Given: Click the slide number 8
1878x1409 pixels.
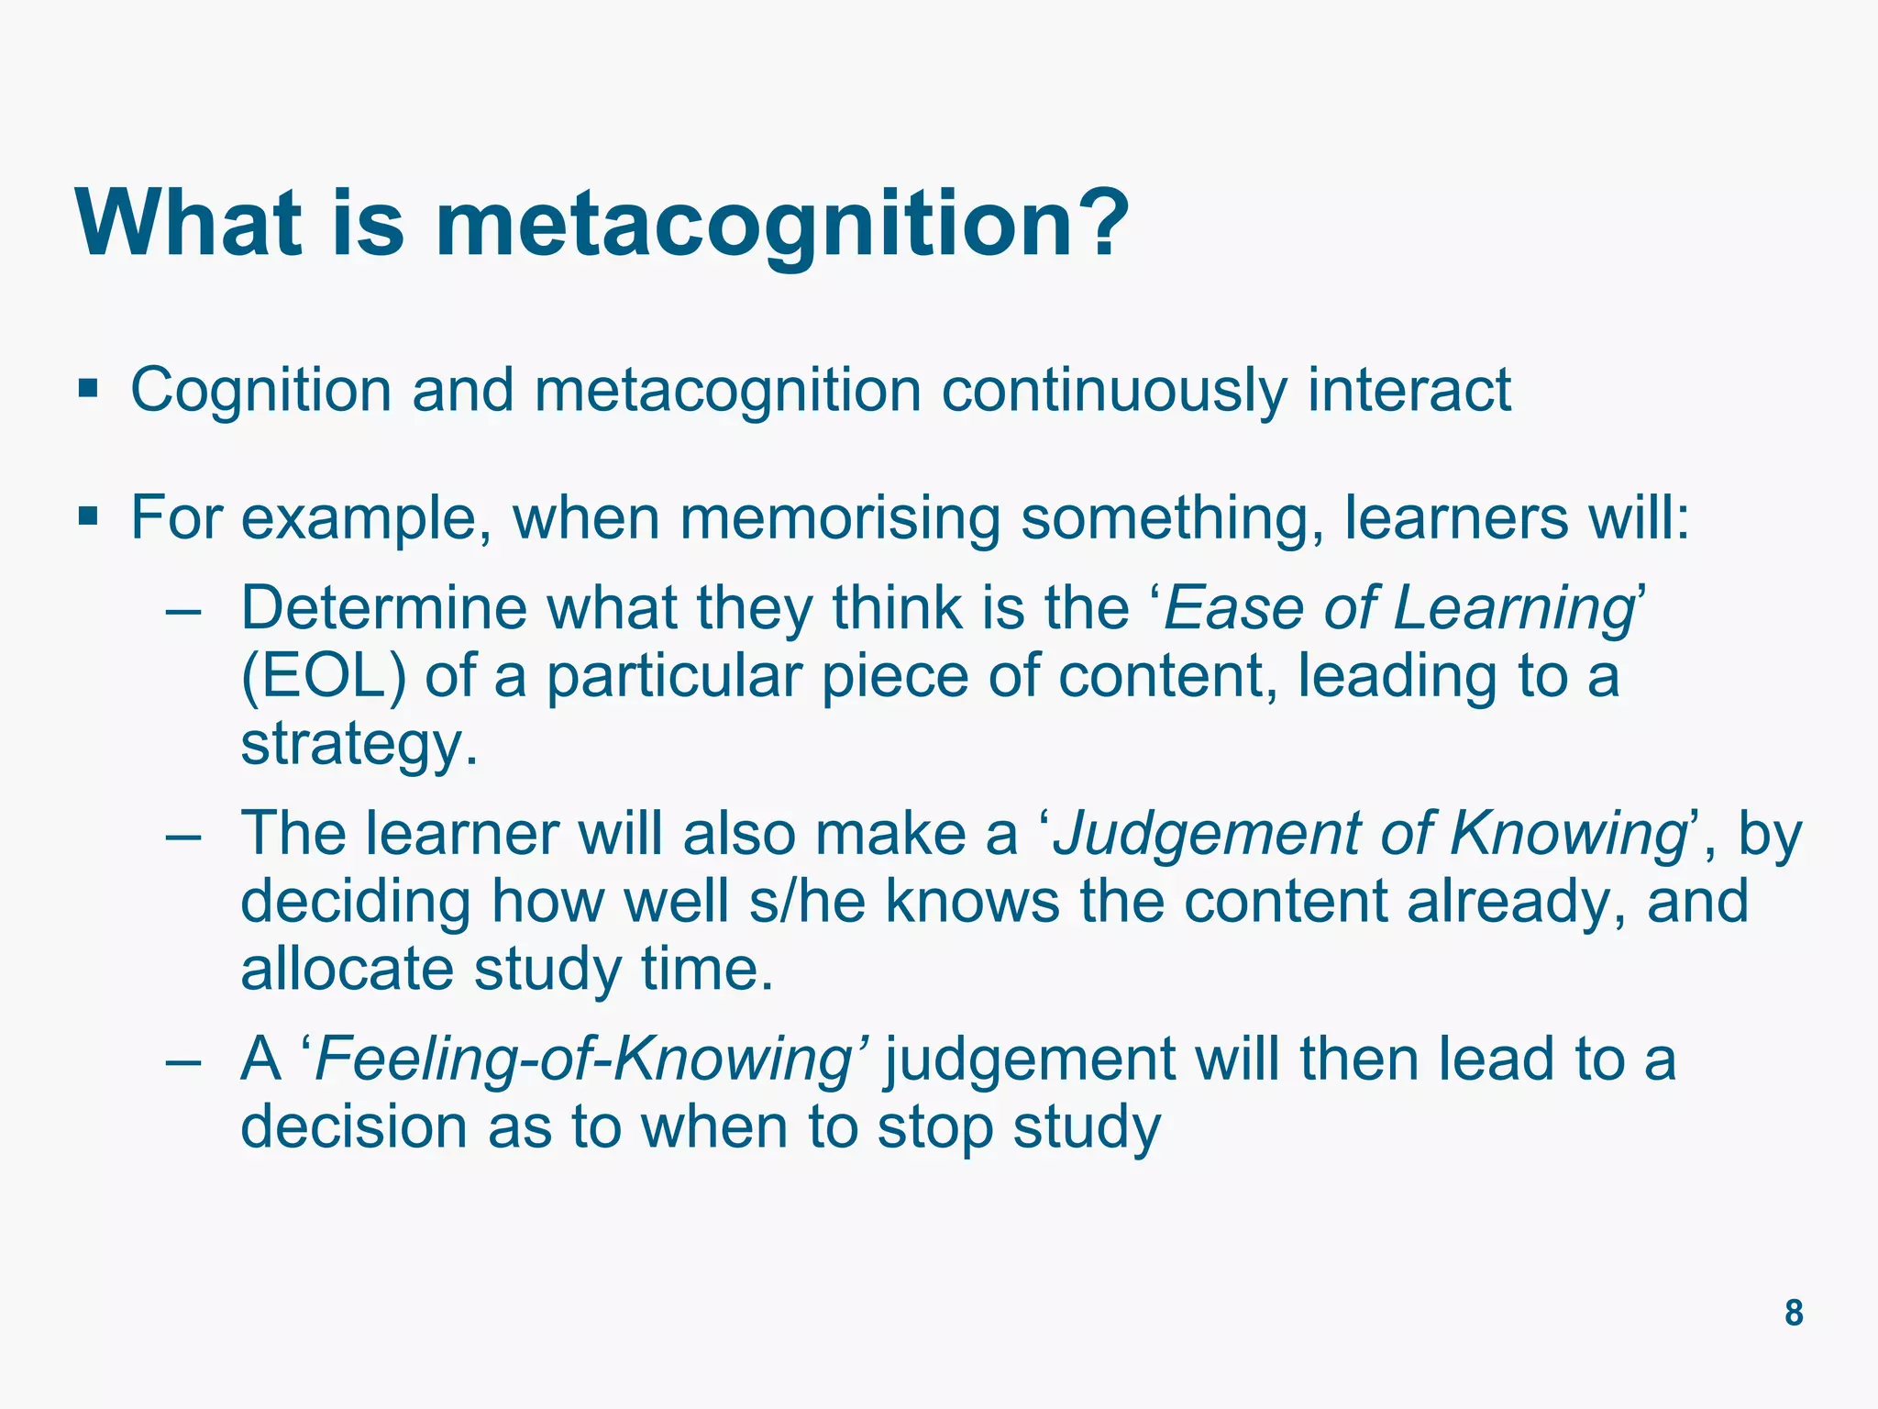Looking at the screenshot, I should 1794,1313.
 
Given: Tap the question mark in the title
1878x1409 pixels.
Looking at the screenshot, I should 1097,224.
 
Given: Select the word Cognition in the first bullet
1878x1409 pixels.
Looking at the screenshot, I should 260,391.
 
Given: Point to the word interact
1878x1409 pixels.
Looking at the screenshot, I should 1408,391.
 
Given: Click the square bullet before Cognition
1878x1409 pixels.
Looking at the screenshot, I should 88,388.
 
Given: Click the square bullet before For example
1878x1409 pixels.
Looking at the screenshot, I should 88,516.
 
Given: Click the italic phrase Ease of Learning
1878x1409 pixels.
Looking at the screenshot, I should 1397,609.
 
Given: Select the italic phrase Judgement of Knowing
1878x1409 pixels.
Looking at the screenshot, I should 1370,835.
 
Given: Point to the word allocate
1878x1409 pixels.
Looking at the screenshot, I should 347,969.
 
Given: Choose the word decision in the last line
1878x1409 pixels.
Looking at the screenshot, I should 354,1126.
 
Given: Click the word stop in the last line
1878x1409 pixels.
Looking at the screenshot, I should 934,1128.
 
